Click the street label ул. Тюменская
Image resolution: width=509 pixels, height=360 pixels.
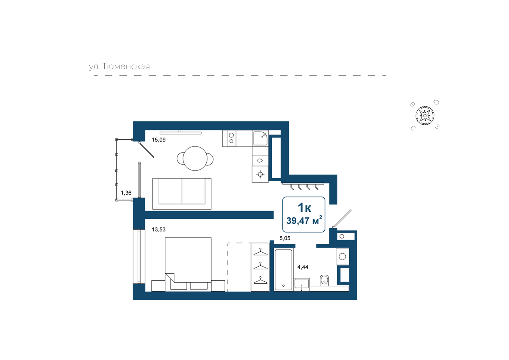point(119,67)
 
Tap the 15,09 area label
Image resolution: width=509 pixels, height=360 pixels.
point(159,140)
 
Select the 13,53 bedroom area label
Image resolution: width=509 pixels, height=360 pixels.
point(159,230)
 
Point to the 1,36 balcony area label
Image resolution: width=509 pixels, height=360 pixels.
point(126,193)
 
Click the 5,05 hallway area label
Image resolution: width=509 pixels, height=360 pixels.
point(285,238)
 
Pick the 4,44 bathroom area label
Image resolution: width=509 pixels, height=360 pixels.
point(303,267)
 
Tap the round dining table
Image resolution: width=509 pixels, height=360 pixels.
point(195,158)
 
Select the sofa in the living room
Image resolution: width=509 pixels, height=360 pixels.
point(182,194)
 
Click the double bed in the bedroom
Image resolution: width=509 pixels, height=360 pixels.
point(188,264)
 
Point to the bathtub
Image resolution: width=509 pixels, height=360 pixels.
point(284,270)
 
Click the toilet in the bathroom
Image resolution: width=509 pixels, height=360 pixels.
point(324,281)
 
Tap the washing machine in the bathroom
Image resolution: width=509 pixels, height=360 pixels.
point(343,256)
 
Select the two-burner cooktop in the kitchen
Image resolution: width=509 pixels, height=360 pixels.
point(231,138)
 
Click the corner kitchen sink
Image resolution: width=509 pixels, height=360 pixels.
point(261,138)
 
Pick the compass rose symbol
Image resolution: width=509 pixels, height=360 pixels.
point(425,116)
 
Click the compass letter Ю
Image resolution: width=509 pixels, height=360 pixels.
point(436,102)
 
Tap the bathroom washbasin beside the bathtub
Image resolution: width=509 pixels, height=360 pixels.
point(302,284)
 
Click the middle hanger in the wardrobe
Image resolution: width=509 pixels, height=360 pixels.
point(261,266)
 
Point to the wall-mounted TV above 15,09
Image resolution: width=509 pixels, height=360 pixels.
point(180,133)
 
